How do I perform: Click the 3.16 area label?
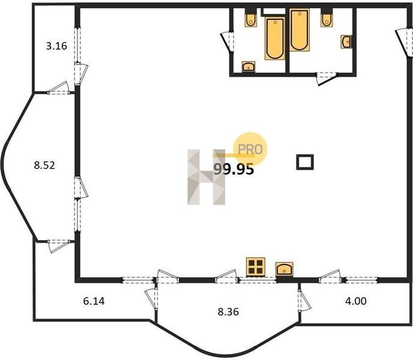pyautogui.click(x=56, y=46)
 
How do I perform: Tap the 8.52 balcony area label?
pyautogui.click(x=44, y=166)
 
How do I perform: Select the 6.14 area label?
pyautogui.click(x=94, y=301)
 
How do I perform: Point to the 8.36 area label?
pyautogui.click(x=228, y=312)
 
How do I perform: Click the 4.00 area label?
pyautogui.click(x=356, y=301)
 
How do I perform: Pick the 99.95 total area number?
pyautogui.click(x=234, y=169)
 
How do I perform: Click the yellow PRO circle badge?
pyautogui.click(x=250, y=149)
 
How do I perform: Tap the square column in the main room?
pyautogui.click(x=305, y=162)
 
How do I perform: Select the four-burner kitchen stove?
pyautogui.click(x=256, y=267)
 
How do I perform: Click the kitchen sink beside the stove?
pyautogui.click(x=284, y=269)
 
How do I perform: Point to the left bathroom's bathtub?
pyautogui.click(x=275, y=38)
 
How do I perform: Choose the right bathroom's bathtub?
pyautogui.click(x=299, y=30)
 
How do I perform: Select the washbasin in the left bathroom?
pyautogui.click(x=249, y=67)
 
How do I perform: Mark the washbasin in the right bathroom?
pyautogui.click(x=346, y=41)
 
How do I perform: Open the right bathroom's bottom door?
pyautogui.click(x=327, y=79)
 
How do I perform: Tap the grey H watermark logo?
pyautogui.click(x=206, y=177)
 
